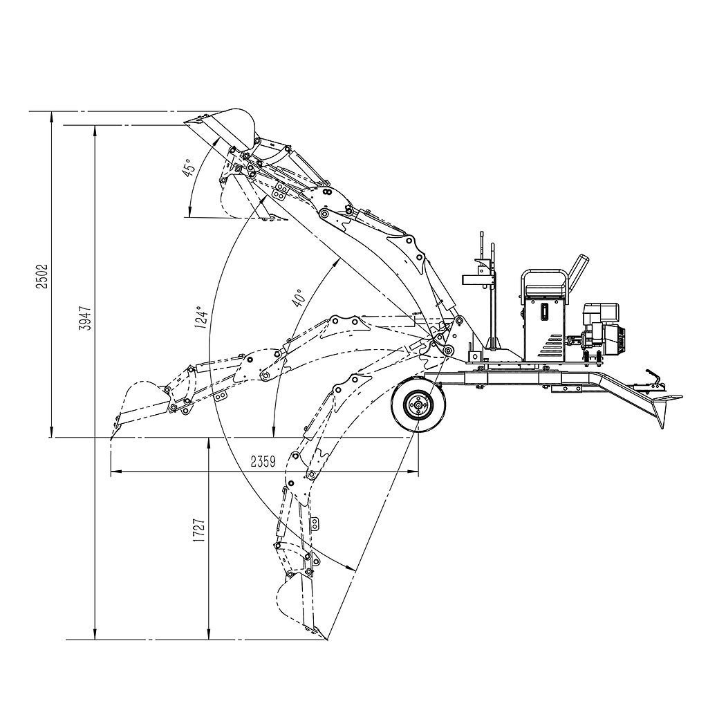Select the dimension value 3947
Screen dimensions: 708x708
(x=85, y=318)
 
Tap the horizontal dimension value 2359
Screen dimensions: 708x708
(x=263, y=461)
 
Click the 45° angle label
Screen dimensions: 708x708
(x=189, y=167)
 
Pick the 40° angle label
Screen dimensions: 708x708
(x=299, y=298)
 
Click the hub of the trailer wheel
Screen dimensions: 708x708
(x=418, y=406)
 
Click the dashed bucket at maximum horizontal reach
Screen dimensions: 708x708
(x=139, y=404)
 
